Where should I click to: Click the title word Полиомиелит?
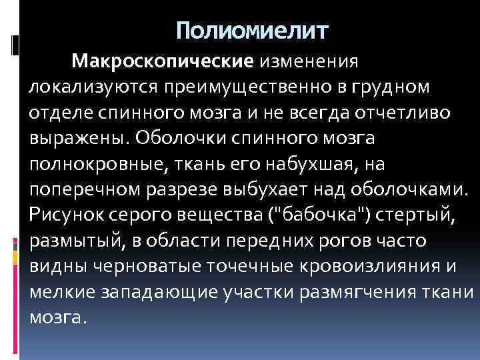tap(253, 30)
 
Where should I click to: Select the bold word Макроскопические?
tap(163, 62)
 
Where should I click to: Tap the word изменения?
tap(310, 62)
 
